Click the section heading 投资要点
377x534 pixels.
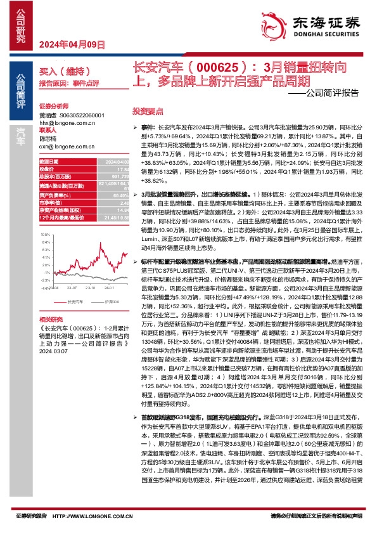coord(143,110)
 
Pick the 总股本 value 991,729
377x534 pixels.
coord(106,176)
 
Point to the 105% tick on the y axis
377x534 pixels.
coord(45,234)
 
